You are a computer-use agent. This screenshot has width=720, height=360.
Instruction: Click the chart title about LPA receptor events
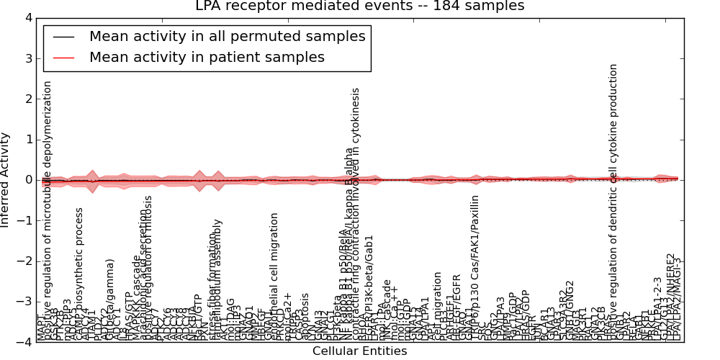360,6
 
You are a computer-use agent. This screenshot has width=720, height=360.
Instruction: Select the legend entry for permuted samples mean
227,36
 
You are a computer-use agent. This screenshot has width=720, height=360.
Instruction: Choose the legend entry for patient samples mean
207,57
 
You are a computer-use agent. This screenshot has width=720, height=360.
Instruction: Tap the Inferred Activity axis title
6,180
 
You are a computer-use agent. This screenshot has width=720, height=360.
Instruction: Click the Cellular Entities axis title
359,351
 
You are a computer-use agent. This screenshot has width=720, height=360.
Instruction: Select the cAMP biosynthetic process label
80,274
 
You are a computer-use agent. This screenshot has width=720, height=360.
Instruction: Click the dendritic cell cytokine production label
613,202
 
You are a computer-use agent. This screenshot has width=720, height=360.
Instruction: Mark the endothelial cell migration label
274,277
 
